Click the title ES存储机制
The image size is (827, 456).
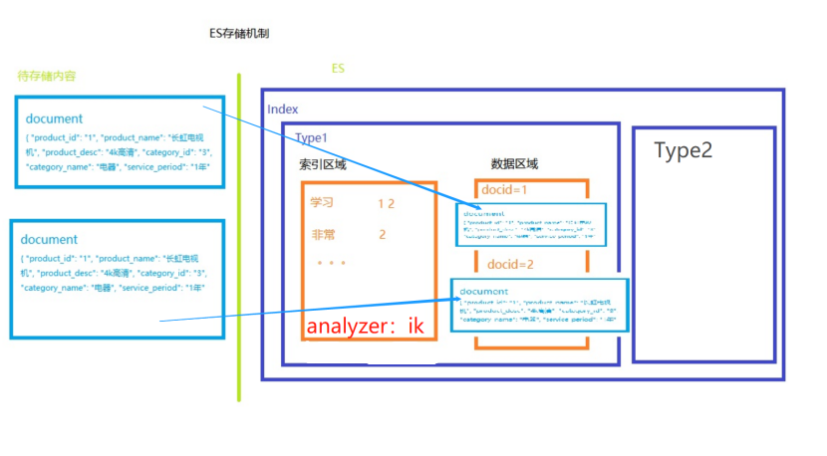pyautogui.click(x=239, y=34)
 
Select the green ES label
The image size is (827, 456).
pyautogui.click(x=339, y=69)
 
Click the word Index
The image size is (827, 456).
pyautogui.click(x=283, y=109)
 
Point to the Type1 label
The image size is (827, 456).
pyautogui.click(x=311, y=136)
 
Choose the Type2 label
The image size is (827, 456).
pyautogui.click(x=684, y=150)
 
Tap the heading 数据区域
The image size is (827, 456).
pyautogui.click(x=515, y=164)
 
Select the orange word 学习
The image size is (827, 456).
pyautogui.click(x=322, y=203)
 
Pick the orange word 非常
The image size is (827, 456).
pyautogui.click(x=322, y=235)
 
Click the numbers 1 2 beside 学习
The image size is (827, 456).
pyautogui.click(x=387, y=203)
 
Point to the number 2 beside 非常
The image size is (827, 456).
pyautogui.click(x=382, y=235)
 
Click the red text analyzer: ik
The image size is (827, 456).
pyautogui.click(x=365, y=326)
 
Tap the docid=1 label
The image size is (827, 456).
pyautogui.click(x=504, y=189)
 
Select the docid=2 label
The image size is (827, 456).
pyautogui.click(x=511, y=265)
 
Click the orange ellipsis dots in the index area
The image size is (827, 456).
pyautogui.click(x=330, y=265)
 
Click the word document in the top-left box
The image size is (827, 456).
pyautogui.click(x=55, y=119)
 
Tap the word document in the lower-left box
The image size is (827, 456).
pyautogui.click(x=50, y=240)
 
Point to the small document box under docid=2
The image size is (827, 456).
pyautogui.click(x=539, y=306)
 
